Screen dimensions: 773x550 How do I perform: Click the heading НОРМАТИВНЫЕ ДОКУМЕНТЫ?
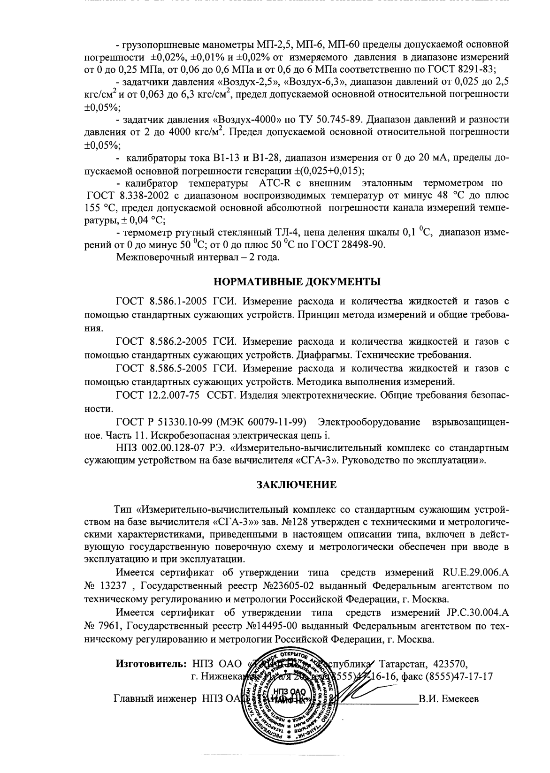point(297,282)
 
